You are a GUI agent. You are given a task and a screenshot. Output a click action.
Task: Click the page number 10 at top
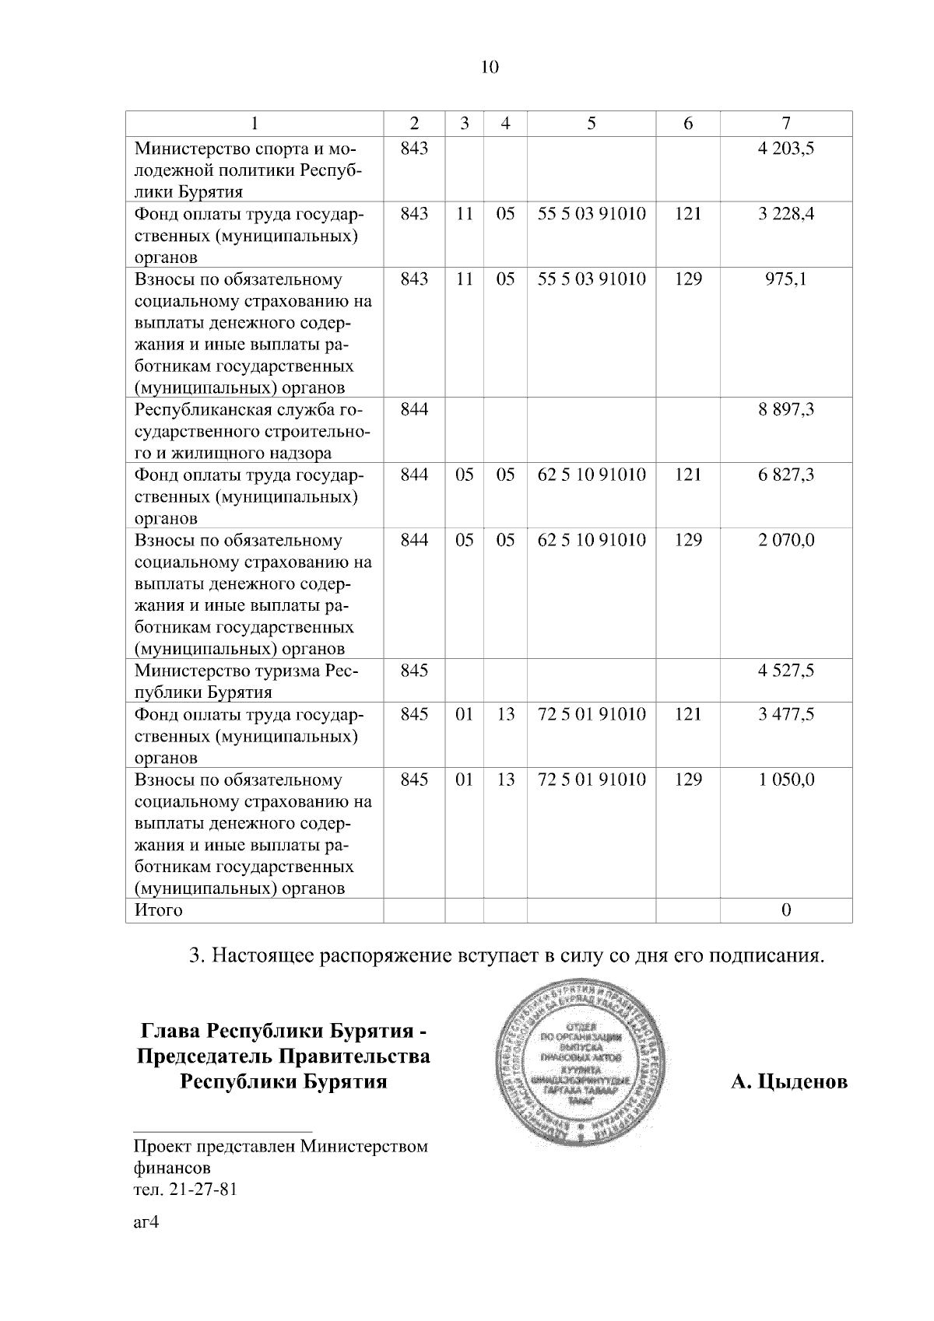tap(490, 67)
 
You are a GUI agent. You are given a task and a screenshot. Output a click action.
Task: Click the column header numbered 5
tap(592, 123)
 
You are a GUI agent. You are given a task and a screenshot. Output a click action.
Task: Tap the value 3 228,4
tap(785, 213)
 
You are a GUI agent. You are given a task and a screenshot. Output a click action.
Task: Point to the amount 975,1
tap(785, 279)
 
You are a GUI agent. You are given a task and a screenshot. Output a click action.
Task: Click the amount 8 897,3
tap(785, 409)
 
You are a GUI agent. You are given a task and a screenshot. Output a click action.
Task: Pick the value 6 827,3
tap(785, 475)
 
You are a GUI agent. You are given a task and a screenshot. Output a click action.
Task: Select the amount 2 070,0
tap(785, 540)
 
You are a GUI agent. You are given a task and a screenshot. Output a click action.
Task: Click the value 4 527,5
tap(785, 671)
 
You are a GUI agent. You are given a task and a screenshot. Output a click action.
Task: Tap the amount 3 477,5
tap(785, 714)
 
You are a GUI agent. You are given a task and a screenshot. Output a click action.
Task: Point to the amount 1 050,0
tap(785, 780)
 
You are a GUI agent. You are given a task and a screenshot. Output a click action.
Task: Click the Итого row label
tap(159, 910)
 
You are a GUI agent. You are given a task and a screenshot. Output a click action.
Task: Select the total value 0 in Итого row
tap(785, 910)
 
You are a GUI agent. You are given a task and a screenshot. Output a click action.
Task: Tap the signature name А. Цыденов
tap(789, 1081)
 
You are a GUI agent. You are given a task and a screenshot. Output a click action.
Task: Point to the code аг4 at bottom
tap(146, 1222)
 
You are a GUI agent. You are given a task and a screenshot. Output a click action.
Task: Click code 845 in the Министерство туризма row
tap(414, 671)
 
